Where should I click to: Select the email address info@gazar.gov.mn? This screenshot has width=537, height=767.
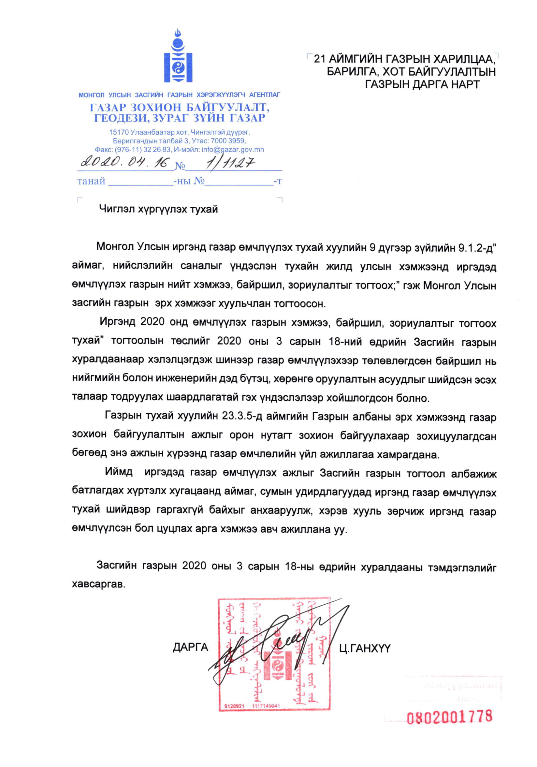click(233, 150)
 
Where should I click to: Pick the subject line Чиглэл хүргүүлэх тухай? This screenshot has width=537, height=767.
click(158, 210)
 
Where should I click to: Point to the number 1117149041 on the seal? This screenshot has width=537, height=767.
click(266, 706)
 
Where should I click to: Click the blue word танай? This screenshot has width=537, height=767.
click(91, 181)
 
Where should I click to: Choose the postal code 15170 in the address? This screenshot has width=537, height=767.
click(119, 132)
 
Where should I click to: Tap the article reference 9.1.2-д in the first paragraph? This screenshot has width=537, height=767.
click(476, 248)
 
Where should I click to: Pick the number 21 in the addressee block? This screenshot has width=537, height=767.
click(319, 59)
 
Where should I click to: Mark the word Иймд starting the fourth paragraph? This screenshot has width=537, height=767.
click(119, 472)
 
